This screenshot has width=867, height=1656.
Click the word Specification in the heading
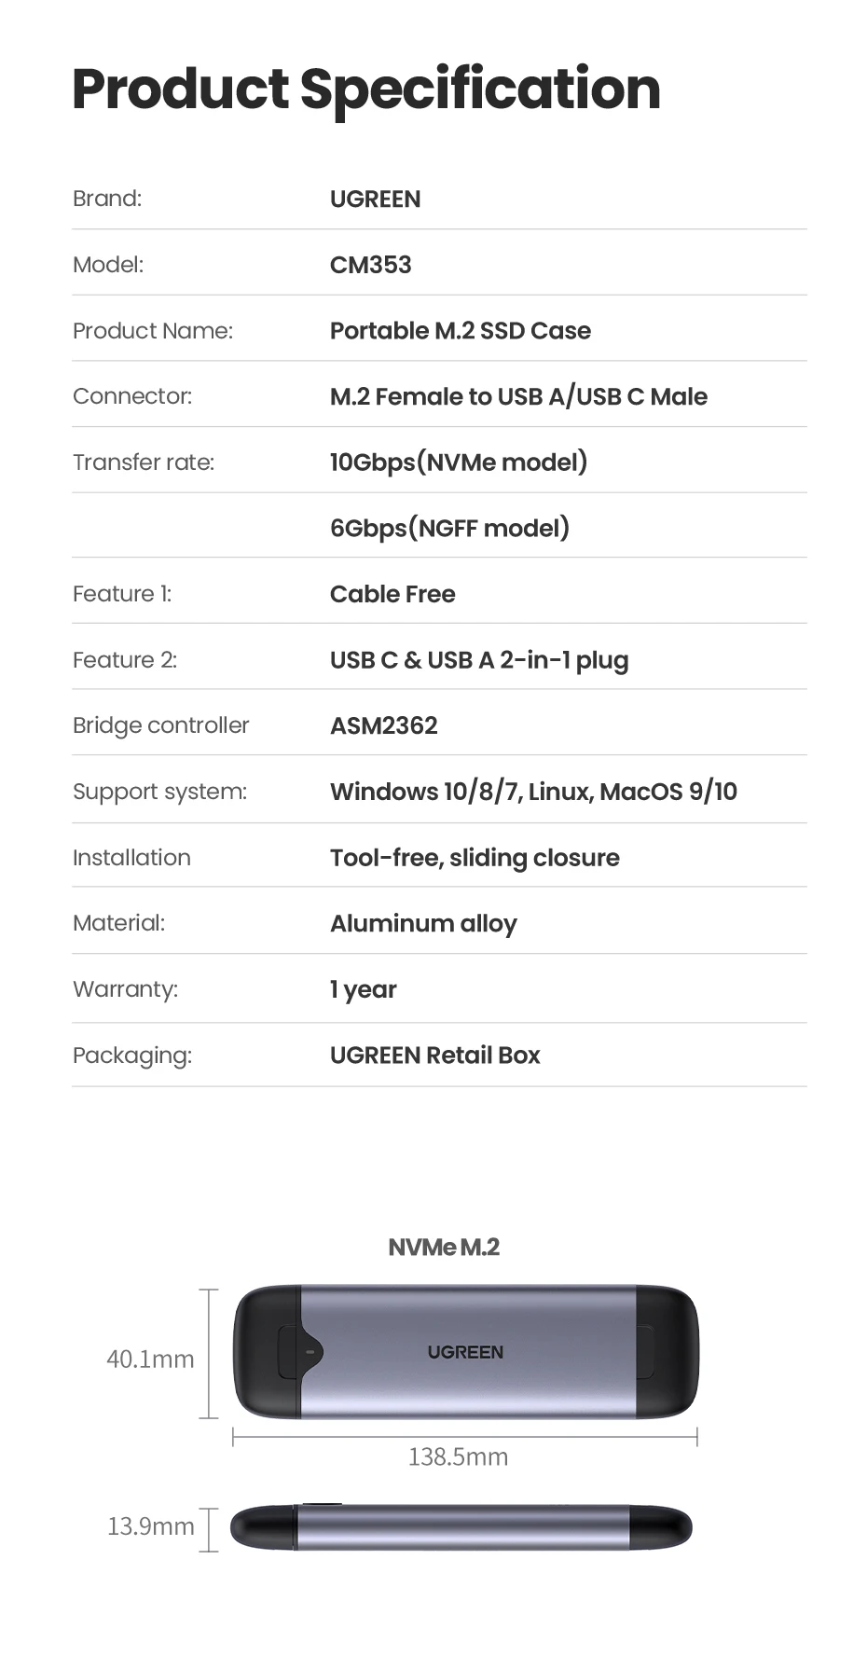(480, 90)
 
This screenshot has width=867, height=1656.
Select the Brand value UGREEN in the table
(375, 200)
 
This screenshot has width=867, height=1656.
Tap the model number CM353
(370, 265)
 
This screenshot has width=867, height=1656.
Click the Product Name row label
(153, 331)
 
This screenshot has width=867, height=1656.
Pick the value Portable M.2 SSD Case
(460, 331)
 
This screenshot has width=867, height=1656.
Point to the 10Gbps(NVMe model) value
(458, 462)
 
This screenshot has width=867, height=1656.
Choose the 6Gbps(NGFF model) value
(449, 529)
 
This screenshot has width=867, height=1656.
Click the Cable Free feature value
(392, 594)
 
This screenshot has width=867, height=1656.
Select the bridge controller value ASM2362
(383, 725)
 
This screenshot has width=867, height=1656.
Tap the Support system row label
(159, 792)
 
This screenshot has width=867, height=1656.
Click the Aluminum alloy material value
(423, 923)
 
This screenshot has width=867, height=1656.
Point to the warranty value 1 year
(363, 989)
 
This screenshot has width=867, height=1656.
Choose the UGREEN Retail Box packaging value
(434, 1056)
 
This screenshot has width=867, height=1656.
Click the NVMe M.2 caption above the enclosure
(444, 1248)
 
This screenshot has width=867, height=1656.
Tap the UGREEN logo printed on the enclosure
(465, 1352)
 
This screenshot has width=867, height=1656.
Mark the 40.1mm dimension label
(150, 1359)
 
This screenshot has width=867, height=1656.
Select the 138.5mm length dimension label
(458, 1457)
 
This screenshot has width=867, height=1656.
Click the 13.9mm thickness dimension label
(151, 1526)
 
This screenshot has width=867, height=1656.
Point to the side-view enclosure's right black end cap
(661, 1527)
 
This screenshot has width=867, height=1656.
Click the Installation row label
(131, 858)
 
